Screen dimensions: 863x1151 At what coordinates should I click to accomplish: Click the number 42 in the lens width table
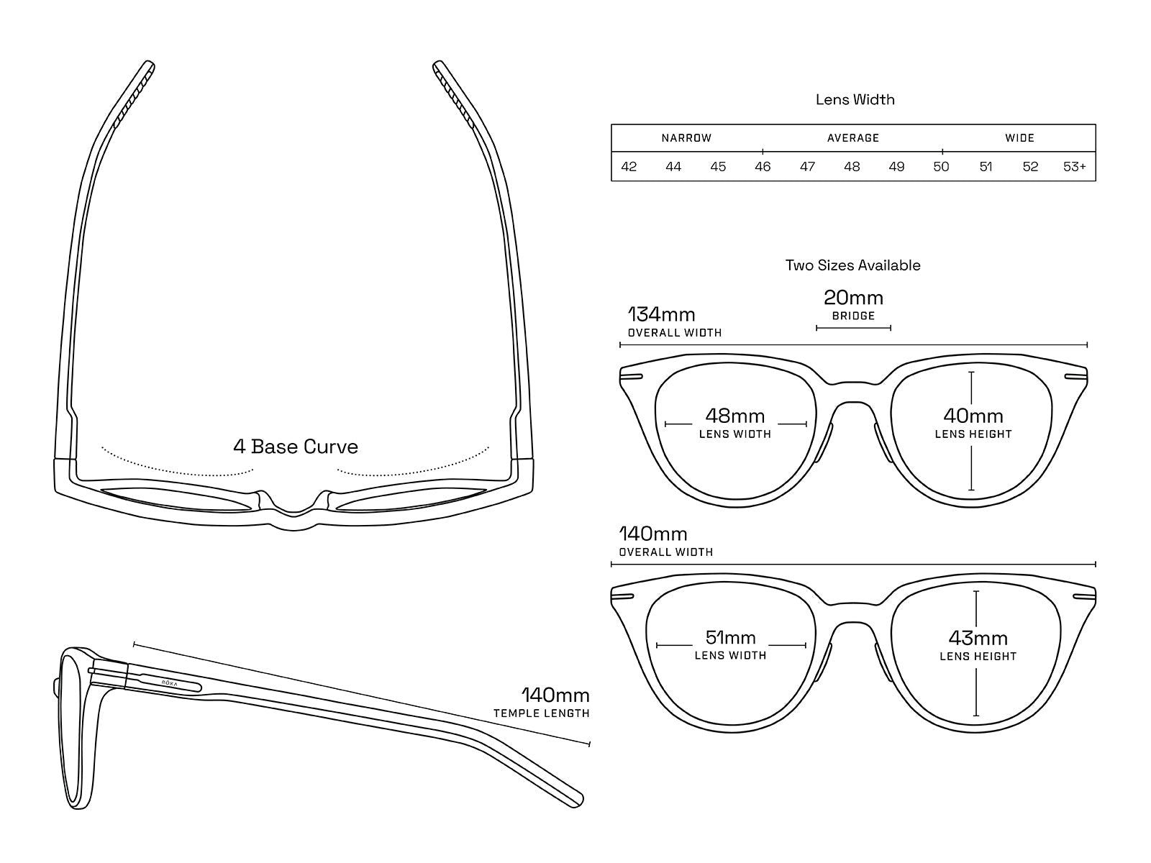[x=629, y=167]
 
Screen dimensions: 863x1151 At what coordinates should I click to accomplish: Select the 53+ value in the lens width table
[x=1075, y=167]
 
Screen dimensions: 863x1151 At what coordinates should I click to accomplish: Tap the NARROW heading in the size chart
[x=686, y=138]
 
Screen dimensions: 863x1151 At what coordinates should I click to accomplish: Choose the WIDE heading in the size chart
[x=1019, y=138]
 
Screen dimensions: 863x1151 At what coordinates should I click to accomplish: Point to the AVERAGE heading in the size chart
[x=853, y=138]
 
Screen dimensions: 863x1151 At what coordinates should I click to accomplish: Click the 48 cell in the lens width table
[x=852, y=167]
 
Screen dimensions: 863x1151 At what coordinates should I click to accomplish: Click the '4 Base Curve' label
[x=296, y=447]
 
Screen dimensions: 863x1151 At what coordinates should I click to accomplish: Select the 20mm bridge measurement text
[x=853, y=298]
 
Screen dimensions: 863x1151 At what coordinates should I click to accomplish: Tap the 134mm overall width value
[x=661, y=315]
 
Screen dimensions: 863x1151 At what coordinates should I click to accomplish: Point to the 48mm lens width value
[x=734, y=416]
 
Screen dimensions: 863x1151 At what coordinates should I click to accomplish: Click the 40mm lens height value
[x=973, y=416]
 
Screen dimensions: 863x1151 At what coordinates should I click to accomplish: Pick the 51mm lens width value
[x=730, y=637]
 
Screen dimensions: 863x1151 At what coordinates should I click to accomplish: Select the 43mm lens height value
[x=978, y=638]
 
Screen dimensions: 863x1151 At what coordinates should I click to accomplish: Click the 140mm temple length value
[x=555, y=695]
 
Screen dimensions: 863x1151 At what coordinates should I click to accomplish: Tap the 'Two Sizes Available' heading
[x=852, y=265]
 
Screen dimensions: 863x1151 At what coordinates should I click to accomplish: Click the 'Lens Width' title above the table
[x=855, y=100]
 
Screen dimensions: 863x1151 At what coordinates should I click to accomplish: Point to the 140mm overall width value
[x=653, y=534]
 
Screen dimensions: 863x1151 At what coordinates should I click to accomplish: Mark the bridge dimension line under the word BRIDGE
[x=853, y=328]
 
